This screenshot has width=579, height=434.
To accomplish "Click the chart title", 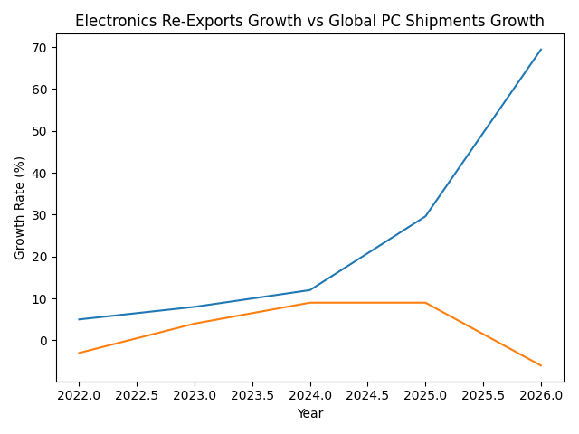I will pos(309,21).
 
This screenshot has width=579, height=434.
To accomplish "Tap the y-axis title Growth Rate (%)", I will pos(20,208).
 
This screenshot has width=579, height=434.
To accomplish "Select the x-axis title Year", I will pos(309,413).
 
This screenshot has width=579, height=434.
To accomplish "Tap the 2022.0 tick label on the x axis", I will pos(79,395).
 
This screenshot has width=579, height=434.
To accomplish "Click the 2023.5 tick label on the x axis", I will pos(252,395).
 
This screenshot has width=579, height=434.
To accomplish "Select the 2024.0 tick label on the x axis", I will pos(309,395).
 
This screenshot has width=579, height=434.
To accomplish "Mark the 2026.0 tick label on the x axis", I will pos(541,395).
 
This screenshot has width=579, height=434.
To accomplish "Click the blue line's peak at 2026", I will pos(541,50).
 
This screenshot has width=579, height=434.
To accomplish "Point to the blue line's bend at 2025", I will pos(425,216).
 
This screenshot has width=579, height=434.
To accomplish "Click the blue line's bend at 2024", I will pos(310,290).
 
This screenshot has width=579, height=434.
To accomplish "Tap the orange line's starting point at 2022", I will pos(79,353).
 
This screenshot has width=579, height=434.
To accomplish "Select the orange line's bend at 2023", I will pos(195,324).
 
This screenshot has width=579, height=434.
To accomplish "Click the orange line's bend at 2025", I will pos(425,303).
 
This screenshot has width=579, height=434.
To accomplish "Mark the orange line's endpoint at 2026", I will pos(541,365).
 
